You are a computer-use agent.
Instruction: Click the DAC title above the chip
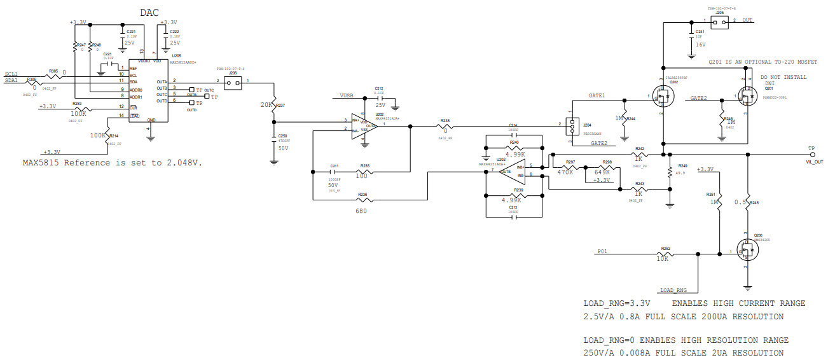[x=149, y=12]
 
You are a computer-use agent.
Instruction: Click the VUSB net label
[x=346, y=95]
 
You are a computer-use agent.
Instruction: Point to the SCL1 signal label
[x=11, y=74]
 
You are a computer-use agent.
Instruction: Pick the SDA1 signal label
[x=11, y=81]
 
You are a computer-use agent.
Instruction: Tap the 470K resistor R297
[x=570, y=167]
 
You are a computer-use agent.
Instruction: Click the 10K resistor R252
[x=665, y=254]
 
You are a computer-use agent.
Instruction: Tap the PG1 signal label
[x=603, y=251]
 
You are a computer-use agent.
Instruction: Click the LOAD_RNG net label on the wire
[x=673, y=290]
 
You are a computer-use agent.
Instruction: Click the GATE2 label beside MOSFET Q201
[x=698, y=98]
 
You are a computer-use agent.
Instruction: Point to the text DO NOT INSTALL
[x=783, y=77]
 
